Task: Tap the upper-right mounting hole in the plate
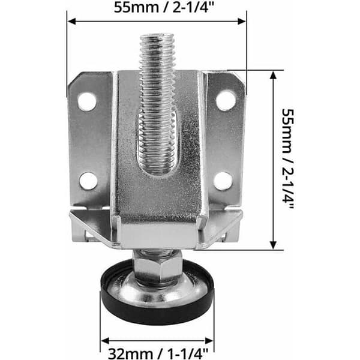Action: (x=226, y=101)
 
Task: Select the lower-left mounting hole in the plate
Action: (x=88, y=181)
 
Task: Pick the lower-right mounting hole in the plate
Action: (x=223, y=181)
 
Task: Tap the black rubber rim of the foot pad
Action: (x=157, y=310)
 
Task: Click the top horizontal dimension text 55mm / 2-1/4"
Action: (x=164, y=8)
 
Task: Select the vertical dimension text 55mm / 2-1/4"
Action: (x=287, y=159)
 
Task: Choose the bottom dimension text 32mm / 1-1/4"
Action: (x=158, y=353)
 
